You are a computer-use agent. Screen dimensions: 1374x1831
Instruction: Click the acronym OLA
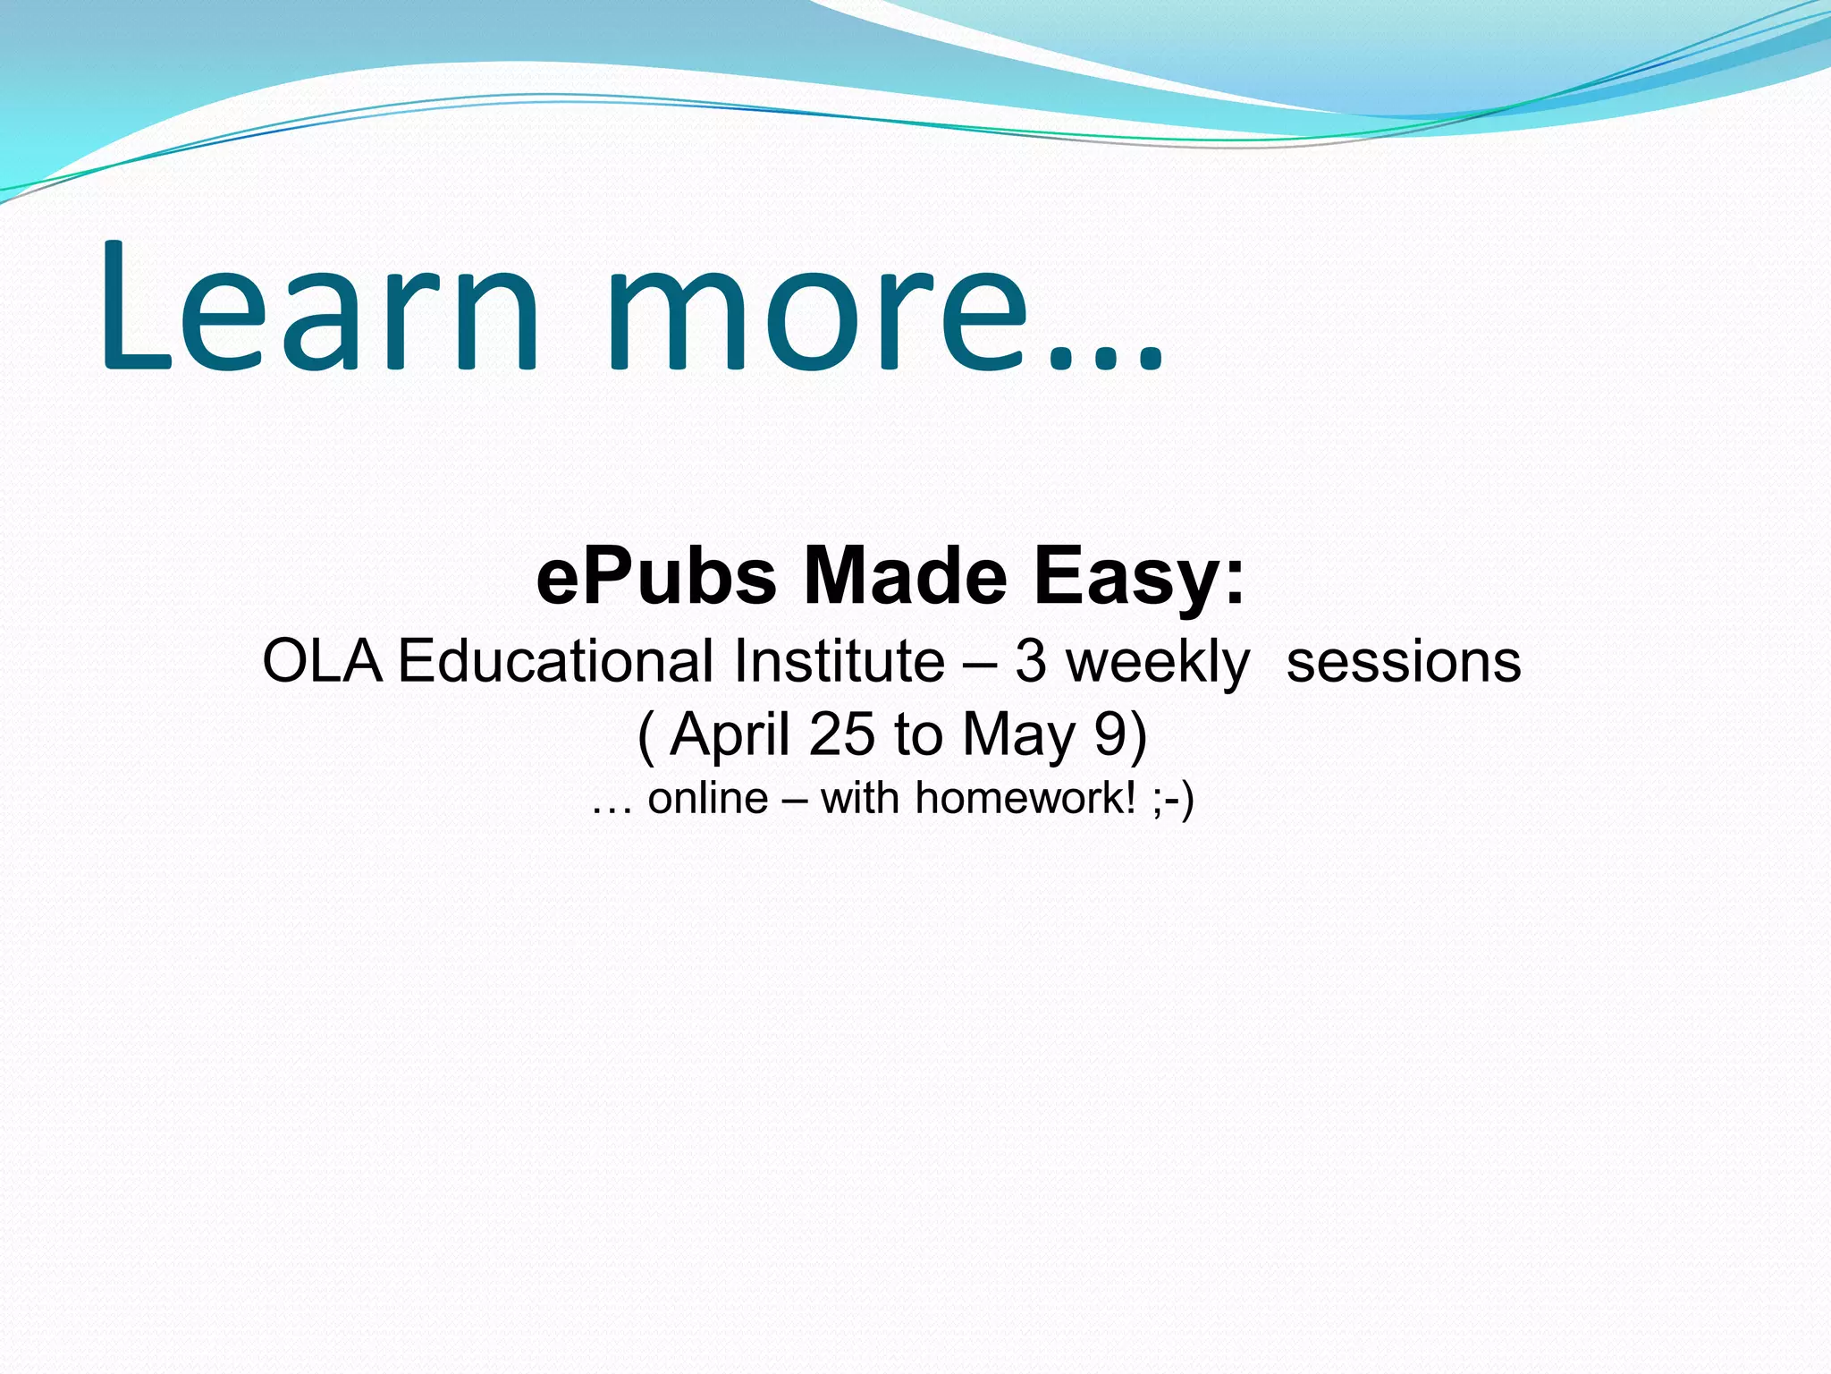(x=323, y=661)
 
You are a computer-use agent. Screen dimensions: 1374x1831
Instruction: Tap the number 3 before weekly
(x=1030, y=662)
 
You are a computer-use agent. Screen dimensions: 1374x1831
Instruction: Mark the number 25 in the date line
(x=841, y=734)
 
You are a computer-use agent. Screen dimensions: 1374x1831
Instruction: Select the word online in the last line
(x=707, y=797)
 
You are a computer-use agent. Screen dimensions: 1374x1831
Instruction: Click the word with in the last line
(x=859, y=797)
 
